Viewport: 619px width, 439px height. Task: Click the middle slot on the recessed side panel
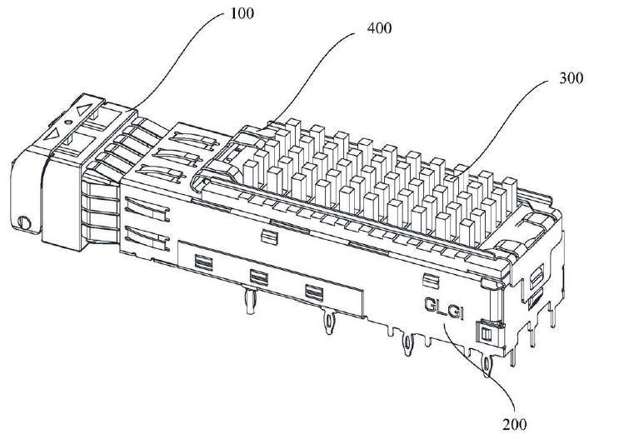[x=257, y=277]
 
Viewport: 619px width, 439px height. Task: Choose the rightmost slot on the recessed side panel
[x=313, y=291]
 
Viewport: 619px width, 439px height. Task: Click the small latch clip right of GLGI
[x=481, y=335]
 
